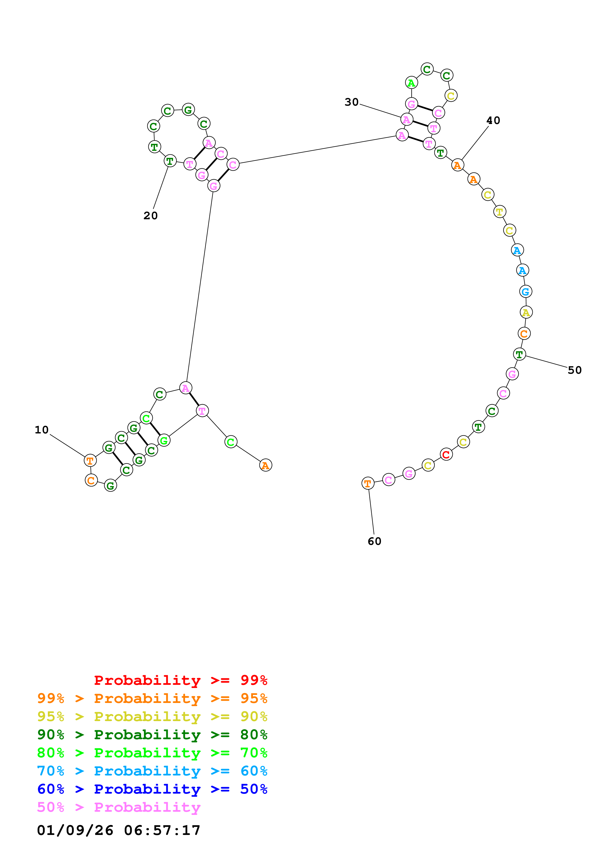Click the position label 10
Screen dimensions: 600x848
(42, 430)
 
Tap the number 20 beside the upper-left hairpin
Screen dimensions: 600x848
(151, 216)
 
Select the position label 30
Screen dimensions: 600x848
(352, 102)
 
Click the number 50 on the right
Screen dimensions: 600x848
(575, 370)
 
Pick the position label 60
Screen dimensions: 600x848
(374, 541)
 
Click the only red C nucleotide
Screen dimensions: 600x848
(446, 455)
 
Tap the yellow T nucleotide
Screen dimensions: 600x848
(500, 212)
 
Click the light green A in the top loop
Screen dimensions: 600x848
(411, 83)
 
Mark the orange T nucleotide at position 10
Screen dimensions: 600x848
(90, 461)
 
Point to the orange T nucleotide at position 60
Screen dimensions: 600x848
(367, 483)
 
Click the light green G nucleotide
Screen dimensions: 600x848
(164, 441)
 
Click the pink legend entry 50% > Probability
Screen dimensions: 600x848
(118, 807)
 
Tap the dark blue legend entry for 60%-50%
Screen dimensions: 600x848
(152, 789)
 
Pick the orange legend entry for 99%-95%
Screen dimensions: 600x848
(152, 698)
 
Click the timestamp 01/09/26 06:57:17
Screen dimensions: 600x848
(118, 830)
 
